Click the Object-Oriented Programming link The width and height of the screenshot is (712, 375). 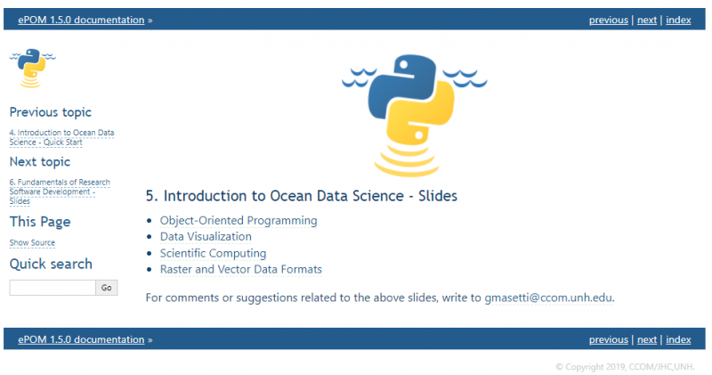click(x=238, y=220)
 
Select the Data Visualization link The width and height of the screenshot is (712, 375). click(x=206, y=236)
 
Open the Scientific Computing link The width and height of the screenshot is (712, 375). click(x=213, y=253)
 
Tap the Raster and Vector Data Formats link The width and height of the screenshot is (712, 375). click(x=240, y=269)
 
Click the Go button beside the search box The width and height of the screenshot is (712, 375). click(x=107, y=288)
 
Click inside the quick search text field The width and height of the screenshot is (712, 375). click(x=52, y=288)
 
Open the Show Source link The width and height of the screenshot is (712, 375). click(x=32, y=242)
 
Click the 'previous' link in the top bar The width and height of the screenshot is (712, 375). click(x=609, y=20)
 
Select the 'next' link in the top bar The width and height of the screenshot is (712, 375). click(x=647, y=20)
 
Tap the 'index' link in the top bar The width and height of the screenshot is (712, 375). click(x=678, y=20)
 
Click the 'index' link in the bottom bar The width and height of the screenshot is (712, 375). click(x=678, y=339)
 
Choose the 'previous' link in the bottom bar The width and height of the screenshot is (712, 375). click(x=609, y=339)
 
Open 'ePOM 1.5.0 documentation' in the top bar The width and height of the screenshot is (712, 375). click(x=81, y=20)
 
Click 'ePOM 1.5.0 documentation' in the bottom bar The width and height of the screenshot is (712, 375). click(x=81, y=339)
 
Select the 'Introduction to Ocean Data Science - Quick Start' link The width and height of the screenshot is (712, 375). click(x=61, y=137)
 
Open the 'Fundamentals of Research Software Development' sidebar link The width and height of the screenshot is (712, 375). click(x=60, y=192)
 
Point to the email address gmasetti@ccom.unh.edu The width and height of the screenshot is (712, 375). click(x=548, y=297)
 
